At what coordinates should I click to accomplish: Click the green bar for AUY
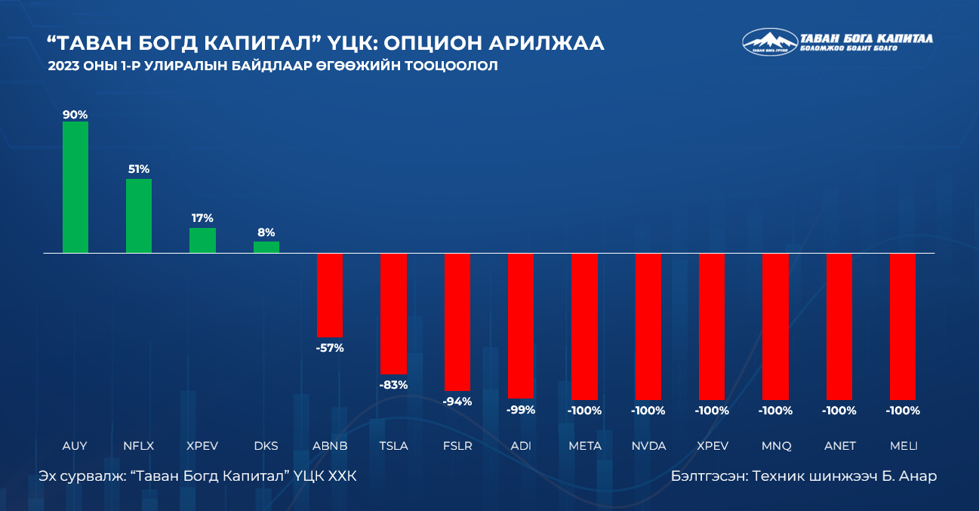(x=75, y=187)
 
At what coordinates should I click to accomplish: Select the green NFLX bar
(x=139, y=216)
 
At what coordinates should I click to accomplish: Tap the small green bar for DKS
(x=266, y=247)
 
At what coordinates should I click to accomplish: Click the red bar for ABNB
(x=330, y=295)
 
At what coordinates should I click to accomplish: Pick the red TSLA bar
(x=393, y=313)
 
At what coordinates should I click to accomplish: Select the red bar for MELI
(x=904, y=326)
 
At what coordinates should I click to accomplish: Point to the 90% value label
(x=75, y=115)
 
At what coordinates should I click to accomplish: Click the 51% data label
(x=139, y=169)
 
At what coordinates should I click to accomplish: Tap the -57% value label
(x=330, y=348)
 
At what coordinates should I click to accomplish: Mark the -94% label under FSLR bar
(x=457, y=402)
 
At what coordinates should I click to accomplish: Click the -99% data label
(x=521, y=410)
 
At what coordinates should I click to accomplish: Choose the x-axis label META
(x=585, y=446)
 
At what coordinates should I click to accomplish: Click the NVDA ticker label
(x=648, y=446)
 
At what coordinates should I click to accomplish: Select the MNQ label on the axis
(x=776, y=446)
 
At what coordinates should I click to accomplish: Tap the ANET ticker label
(x=839, y=446)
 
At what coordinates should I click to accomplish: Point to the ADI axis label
(x=521, y=446)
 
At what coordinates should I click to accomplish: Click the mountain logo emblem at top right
(x=769, y=42)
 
